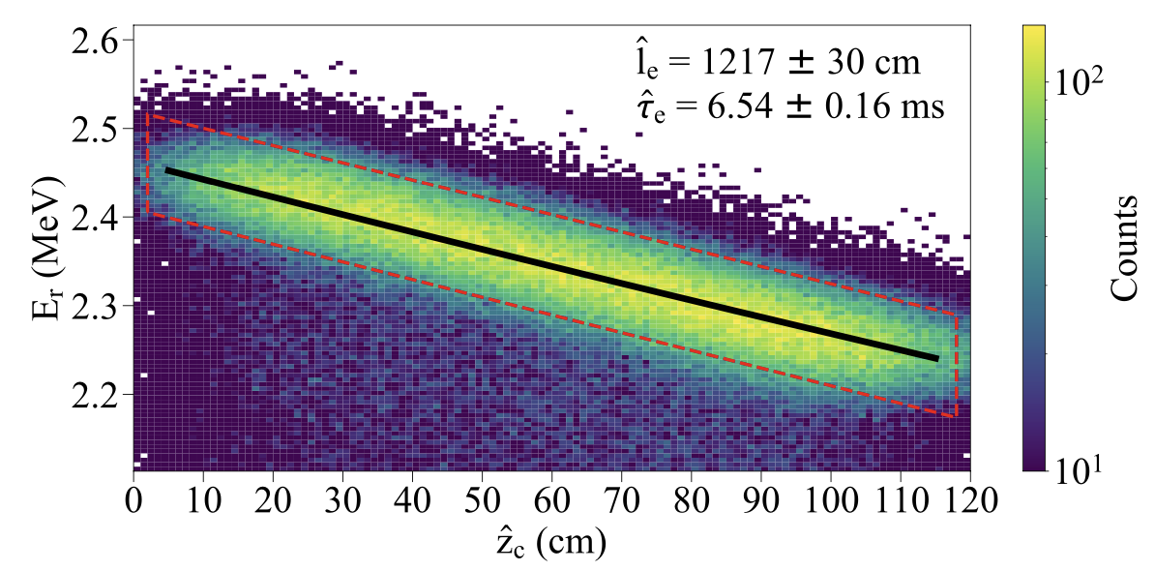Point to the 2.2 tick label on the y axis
[95, 396]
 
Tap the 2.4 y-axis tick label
[95, 218]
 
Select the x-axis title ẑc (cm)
[550, 544]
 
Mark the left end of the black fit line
[166, 169]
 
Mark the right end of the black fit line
[937, 359]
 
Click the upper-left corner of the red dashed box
[147, 115]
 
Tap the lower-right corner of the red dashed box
[956, 416]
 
